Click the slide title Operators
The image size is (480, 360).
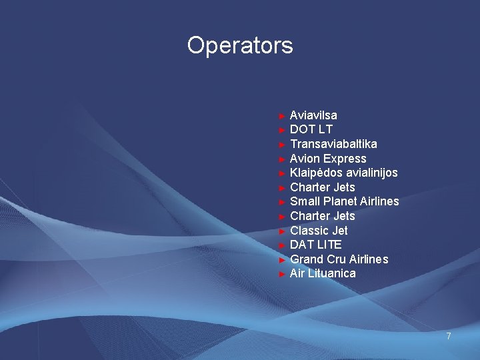coord(240,45)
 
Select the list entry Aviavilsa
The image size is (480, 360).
coord(313,115)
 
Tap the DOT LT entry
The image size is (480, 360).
coord(311,129)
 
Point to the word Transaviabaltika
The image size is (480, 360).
coord(333,144)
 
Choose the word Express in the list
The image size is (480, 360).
coord(345,159)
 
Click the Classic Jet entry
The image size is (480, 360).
coord(319,231)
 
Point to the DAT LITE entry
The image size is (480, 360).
coord(316,245)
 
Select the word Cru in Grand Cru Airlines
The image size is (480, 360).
coord(337,259)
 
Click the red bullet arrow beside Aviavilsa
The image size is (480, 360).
coord(283,116)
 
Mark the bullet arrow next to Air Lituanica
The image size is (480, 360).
coord(283,274)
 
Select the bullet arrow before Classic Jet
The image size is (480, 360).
coord(283,231)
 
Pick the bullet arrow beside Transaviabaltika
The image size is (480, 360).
coord(283,145)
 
